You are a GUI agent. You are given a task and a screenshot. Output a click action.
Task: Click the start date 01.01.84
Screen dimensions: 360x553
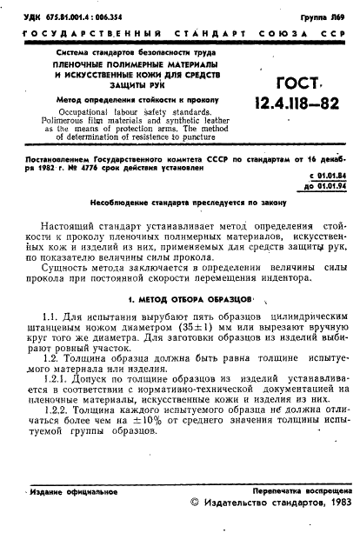coord(325,175)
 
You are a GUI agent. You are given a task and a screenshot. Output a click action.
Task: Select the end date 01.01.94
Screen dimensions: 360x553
coord(325,184)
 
